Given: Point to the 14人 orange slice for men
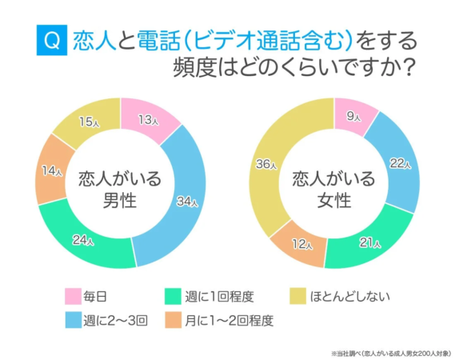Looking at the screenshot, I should coord(51,171).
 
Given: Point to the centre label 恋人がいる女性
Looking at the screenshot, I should coord(333,189).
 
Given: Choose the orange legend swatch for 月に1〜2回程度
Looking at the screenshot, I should coord(173,321).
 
